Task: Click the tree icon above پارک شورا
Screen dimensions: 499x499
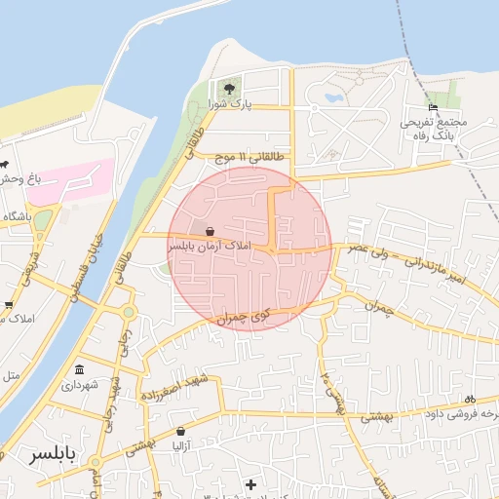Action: [x=230, y=88]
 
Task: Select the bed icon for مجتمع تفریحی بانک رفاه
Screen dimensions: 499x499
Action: [x=433, y=107]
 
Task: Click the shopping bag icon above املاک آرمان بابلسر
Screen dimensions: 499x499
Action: [x=211, y=232]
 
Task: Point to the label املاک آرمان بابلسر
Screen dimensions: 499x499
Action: [x=211, y=247]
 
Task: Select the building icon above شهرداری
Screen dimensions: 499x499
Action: [x=79, y=369]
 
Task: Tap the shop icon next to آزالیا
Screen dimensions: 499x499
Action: [x=180, y=430]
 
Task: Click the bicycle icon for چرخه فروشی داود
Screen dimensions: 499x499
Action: [x=470, y=399]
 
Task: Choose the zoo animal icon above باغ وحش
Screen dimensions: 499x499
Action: [x=4, y=164]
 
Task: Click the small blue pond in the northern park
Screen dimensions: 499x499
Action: [x=331, y=97]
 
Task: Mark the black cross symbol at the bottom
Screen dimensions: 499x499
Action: [x=250, y=483]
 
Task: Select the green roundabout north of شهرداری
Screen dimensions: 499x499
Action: [x=128, y=312]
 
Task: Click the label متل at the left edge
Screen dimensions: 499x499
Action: [x=10, y=374]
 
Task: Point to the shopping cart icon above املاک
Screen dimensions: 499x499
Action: [x=8, y=305]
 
